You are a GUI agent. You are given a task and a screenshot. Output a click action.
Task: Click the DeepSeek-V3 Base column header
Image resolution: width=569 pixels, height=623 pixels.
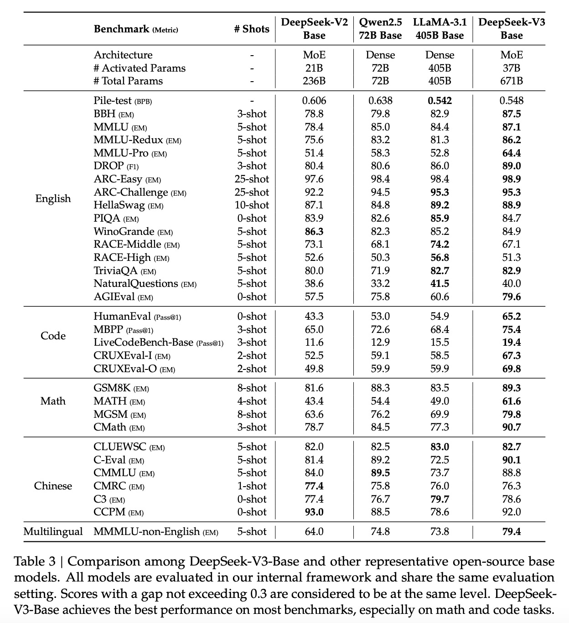click(x=511, y=29)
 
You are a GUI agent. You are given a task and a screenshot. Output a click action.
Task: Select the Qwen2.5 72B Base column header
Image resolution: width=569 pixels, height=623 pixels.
click(x=380, y=29)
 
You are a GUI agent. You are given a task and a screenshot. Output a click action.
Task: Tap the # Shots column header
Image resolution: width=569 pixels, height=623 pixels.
click(x=252, y=29)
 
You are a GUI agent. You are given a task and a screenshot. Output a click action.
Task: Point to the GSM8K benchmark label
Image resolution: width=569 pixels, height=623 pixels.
click(x=112, y=388)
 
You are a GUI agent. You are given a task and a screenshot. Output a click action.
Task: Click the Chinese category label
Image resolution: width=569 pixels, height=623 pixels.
click(x=53, y=486)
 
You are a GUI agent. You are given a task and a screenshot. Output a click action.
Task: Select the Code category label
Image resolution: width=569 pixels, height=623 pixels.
click(x=53, y=336)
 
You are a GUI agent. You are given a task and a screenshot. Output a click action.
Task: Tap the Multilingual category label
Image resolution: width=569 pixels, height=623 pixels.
click(x=53, y=532)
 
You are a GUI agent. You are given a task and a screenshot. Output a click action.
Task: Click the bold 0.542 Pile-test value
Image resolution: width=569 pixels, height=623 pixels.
click(x=440, y=101)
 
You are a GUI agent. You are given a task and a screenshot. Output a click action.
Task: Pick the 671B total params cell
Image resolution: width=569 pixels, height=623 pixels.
click(x=511, y=81)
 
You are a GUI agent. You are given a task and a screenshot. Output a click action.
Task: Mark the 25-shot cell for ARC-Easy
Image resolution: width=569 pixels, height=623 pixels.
click(x=252, y=179)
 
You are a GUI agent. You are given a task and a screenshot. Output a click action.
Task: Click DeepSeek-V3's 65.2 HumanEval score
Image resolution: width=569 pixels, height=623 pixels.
click(x=511, y=317)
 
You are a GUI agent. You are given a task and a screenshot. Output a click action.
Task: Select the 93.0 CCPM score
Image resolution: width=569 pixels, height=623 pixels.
click(x=314, y=512)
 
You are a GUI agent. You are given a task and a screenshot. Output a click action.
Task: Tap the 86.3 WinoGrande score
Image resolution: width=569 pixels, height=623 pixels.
click(x=314, y=232)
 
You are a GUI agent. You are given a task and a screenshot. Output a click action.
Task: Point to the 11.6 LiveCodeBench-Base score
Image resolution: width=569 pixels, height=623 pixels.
click(x=314, y=343)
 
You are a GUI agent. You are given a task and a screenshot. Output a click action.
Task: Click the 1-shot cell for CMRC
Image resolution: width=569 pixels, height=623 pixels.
click(x=252, y=486)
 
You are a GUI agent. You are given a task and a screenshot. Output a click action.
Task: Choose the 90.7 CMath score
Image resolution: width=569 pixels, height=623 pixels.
click(x=511, y=427)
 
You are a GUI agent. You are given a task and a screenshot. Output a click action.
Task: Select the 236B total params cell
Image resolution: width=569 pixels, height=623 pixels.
click(x=314, y=81)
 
